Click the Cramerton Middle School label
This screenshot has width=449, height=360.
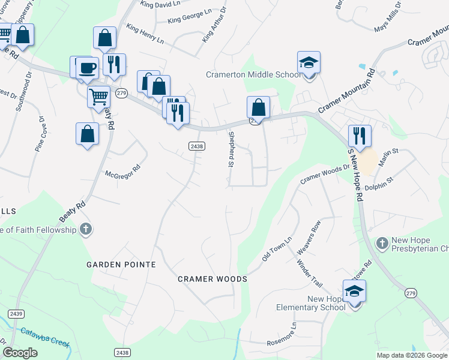click(x=253, y=74)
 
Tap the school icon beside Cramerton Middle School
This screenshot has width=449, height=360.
click(x=309, y=63)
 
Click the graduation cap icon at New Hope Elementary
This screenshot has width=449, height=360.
click(x=354, y=291)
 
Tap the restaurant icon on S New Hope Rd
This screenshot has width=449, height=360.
click(x=359, y=136)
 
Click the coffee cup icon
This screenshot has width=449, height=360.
click(x=87, y=68)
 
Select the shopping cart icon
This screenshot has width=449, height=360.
click(x=98, y=96)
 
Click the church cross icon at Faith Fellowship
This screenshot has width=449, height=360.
click(x=86, y=229)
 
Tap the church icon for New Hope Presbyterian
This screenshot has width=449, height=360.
click(x=381, y=243)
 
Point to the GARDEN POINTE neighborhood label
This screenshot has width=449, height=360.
click(x=121, y=265)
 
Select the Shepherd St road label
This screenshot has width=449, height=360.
click(x=230, y=149)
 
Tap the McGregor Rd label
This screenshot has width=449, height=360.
click(x=122, y=170)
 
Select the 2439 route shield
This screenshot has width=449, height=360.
click(x=16, y=313)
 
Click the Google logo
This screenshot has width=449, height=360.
click(x=20, y=353)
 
